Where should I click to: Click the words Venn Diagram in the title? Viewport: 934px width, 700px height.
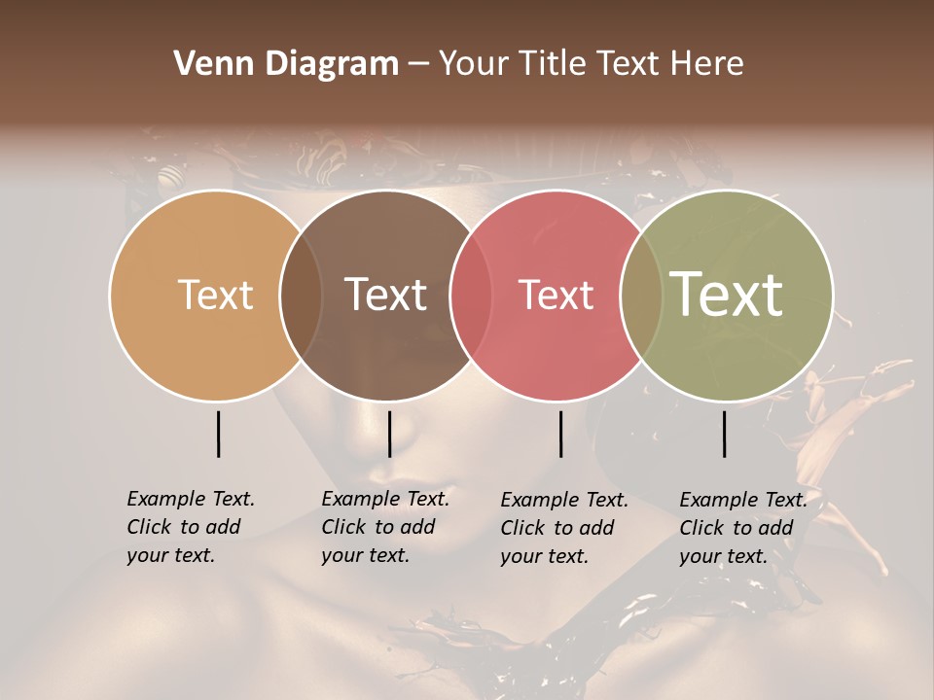click(286, 64)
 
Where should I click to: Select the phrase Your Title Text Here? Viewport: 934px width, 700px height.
click(591, 64)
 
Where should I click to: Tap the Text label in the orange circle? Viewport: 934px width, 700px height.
click(215, 295)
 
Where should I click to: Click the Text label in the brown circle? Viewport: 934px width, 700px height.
click(385, 295)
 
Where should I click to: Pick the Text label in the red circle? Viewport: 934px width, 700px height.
click(556, 295)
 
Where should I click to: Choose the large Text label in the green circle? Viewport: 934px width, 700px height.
click(726, 294)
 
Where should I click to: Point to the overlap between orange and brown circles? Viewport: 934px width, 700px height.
click(301, 296)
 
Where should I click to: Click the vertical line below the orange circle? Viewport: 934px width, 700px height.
click(218, 434)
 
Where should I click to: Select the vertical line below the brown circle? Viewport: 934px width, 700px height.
click(389, 434)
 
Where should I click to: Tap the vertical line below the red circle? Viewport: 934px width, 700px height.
click(560, 434)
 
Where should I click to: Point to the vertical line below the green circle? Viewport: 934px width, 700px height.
click(724, 434)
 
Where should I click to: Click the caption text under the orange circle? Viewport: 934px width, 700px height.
click(190, 527)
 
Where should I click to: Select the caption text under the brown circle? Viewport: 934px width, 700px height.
click(384, 527)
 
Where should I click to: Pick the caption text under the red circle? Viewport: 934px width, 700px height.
click(563, 528)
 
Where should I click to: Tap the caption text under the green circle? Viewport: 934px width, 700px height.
click(742, 528)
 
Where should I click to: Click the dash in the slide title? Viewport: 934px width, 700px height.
click(418, 65)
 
